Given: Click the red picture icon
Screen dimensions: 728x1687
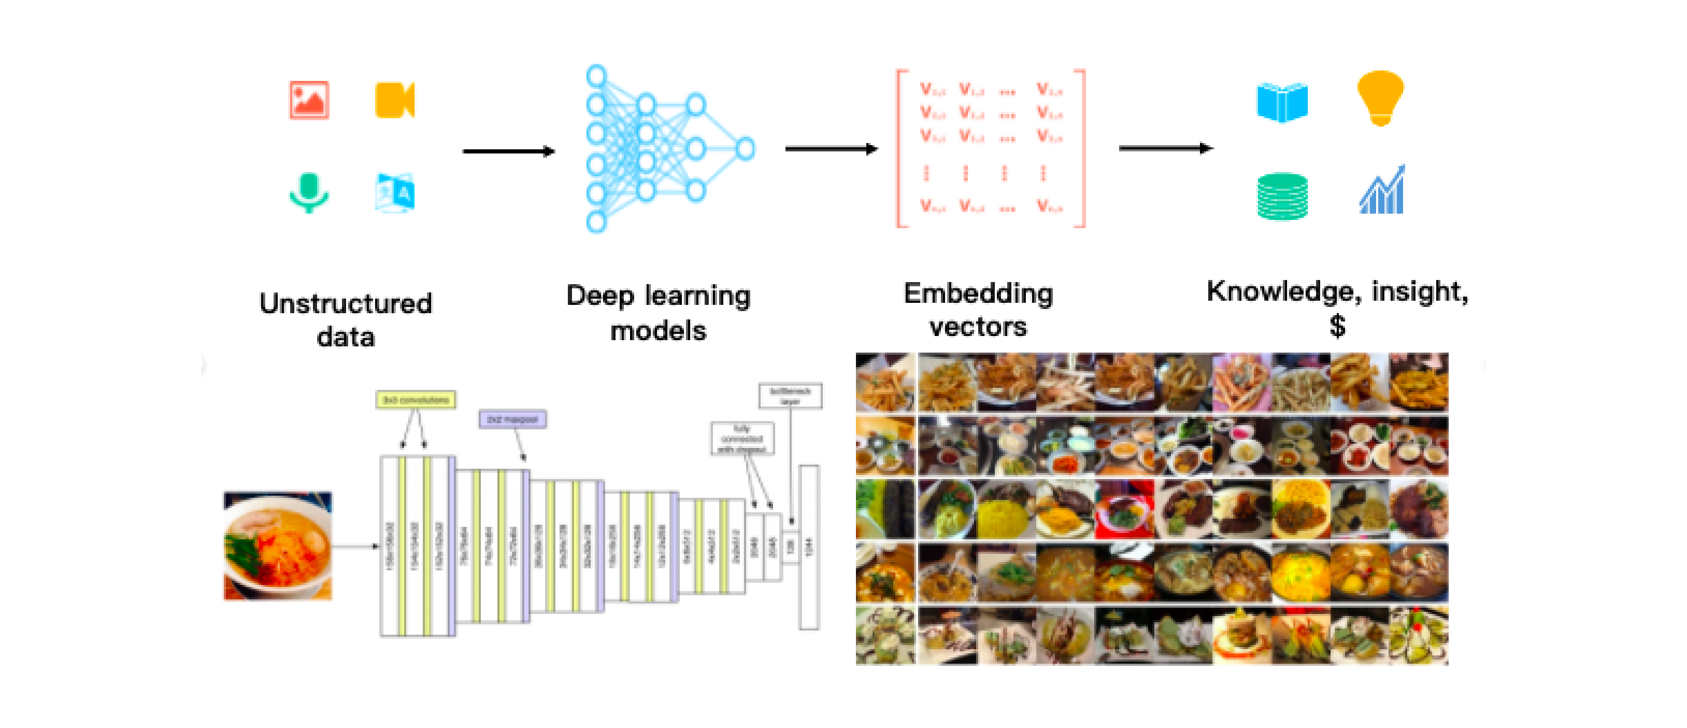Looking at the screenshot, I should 309,100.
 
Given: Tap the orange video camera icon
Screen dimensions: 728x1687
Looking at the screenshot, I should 394,100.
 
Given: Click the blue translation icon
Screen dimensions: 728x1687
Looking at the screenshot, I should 395,192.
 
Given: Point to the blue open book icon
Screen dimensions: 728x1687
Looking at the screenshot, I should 1282,102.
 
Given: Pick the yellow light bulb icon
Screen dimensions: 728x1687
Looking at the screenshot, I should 1380,97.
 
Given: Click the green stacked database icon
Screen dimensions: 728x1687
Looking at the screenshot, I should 1282,196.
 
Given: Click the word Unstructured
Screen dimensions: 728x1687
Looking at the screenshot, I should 345,303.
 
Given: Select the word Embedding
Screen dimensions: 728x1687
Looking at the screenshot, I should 978,293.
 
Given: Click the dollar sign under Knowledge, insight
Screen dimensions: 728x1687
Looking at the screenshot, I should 1337,325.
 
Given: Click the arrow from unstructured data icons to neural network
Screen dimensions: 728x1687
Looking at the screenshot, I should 508,151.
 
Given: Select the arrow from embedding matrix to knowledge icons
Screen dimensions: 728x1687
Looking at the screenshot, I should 1165,149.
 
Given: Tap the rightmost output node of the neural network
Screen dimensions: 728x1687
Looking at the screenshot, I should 745,149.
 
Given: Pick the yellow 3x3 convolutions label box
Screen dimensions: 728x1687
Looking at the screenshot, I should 416,399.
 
